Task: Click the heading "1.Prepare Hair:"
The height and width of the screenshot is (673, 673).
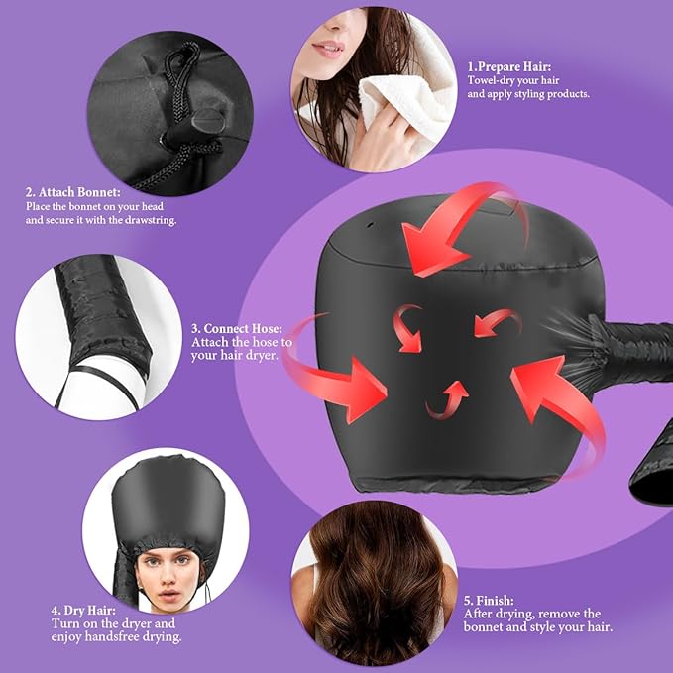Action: pyautogui.click(x=511, y=66)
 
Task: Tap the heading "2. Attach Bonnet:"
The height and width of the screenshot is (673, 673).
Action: pyautogui.click(x=72, y=191)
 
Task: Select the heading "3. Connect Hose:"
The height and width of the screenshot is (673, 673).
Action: pyautogui.click(x=237, y=327)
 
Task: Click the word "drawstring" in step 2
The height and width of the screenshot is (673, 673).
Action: pyautogui.click(x=146, y=220)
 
